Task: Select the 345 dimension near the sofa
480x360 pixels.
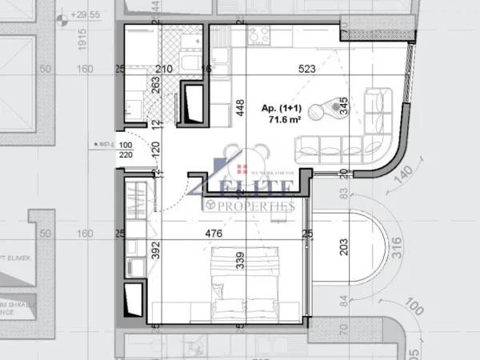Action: pos(343,105)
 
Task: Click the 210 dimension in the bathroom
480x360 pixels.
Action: pos(164,69)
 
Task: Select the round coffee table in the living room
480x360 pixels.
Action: pos(330,108)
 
